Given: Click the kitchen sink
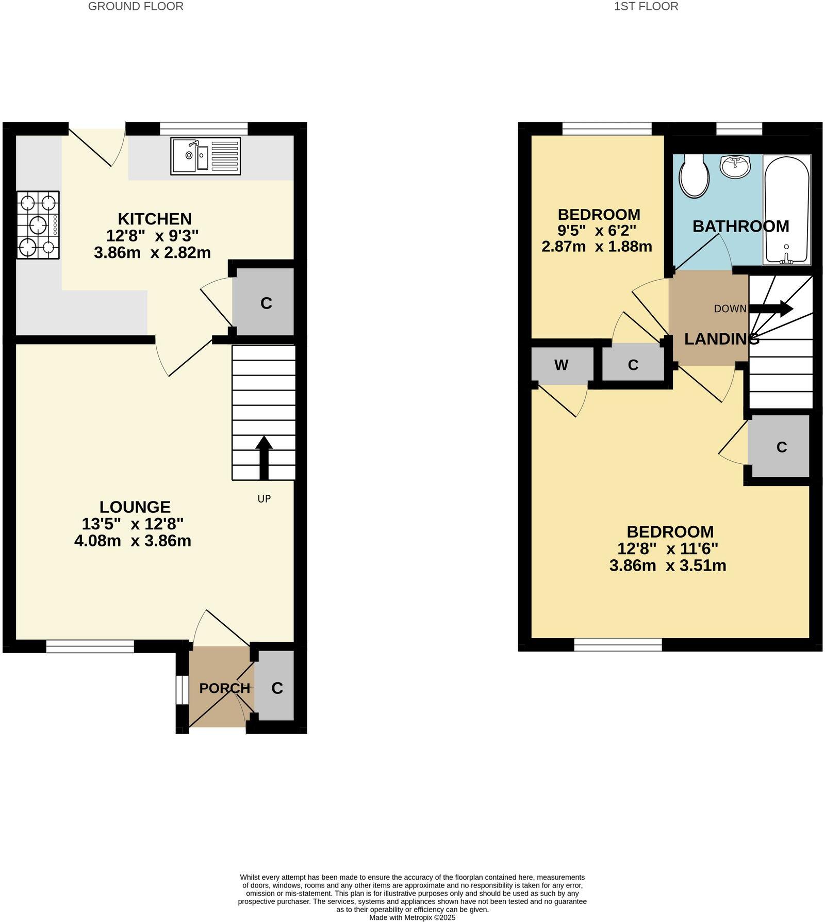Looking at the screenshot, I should (205, 155).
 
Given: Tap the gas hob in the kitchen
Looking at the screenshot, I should (38, 225).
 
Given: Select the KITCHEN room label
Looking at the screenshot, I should (155, 219).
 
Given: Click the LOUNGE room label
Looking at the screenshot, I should (135, 507).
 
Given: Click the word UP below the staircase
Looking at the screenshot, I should (264, 498).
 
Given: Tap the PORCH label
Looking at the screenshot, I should (225, 688).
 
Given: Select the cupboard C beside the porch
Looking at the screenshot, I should (277, 688).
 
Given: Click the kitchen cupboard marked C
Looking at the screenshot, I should (266, 303).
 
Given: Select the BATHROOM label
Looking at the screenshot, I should (740, 226).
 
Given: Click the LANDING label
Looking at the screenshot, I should (721, 339).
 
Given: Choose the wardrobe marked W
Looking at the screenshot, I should (561, 365).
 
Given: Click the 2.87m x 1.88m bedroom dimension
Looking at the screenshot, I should (597, 247).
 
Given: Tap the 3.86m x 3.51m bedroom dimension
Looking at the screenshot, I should (668, 565).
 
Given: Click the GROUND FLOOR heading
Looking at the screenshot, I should (136, 7).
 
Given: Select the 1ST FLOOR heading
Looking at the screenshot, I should (646, 7).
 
